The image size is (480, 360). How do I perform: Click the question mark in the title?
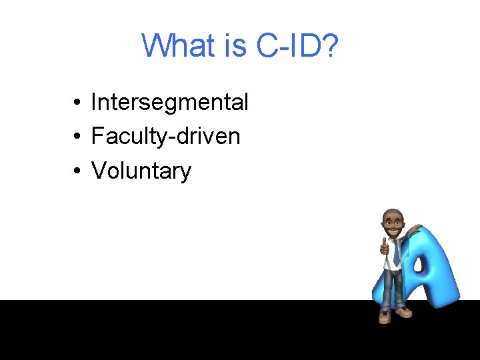point(329,45)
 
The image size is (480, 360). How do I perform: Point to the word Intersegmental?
point(169,102)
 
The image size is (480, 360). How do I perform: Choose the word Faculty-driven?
point(165,137)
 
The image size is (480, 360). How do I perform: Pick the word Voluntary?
point(141,171)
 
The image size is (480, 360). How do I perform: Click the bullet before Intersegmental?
point(78,103)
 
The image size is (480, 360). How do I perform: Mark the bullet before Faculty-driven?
point(78,137)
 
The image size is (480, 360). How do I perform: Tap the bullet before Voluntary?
point(78,171)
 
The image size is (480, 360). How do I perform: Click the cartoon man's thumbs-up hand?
point(385,247)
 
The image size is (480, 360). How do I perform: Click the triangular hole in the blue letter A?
point(419,265)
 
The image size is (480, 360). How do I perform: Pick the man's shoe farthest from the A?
point(385,317)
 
